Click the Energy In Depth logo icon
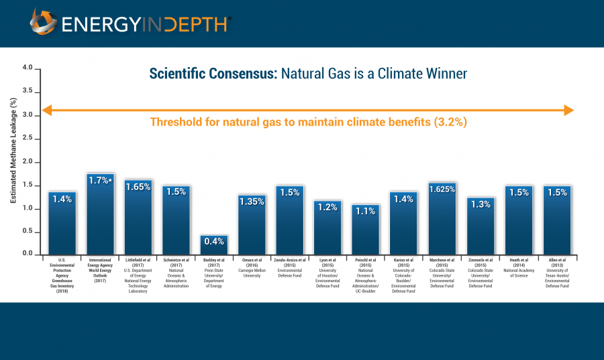tap(43, 22)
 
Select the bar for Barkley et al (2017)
tap(214, 244)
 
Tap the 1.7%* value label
tap(100, 180)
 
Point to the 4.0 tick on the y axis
tap(28, 68)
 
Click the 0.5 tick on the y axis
tap(28, 231)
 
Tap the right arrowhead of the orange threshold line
tap(568, 109)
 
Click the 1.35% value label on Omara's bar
tap(252, 201)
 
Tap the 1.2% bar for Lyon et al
tap(328, 228)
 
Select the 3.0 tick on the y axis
tap(28, 115)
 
